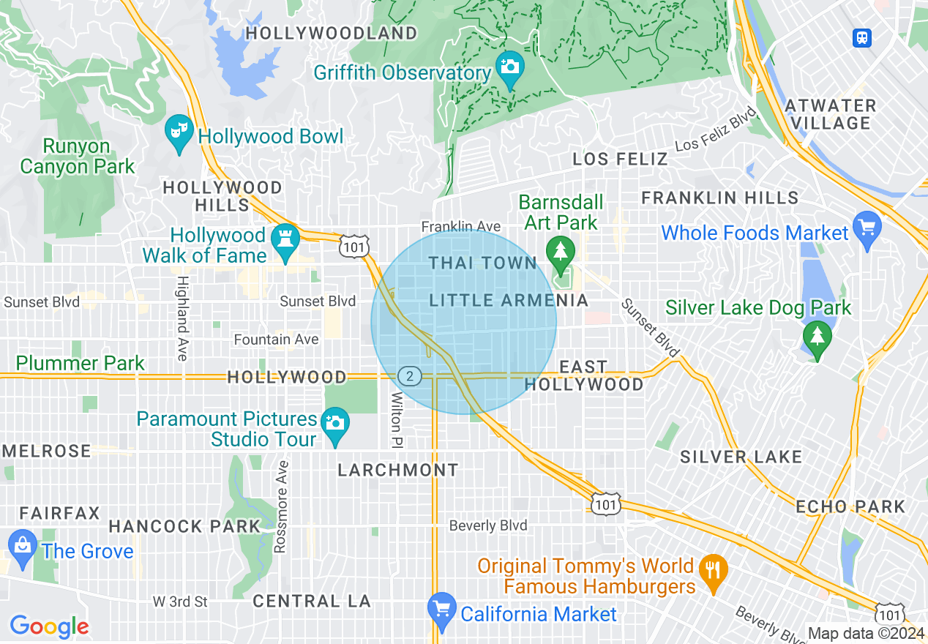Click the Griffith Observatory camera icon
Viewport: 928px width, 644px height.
click(x=509, y=67)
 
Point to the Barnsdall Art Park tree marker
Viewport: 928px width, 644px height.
click(x=561, y=252)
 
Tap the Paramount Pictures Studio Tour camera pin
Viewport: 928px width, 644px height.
click(x=335, y=424)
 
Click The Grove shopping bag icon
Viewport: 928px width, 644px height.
click(x=23, y=546)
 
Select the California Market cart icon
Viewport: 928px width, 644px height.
click(x=441, y=609)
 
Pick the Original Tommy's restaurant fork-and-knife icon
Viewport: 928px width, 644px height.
click(x=711, y=569)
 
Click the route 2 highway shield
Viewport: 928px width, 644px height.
click(x=411, y=376)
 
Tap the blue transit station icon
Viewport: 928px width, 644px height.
click(x=862, y=38)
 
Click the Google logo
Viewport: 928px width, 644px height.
click(x=49, y=626)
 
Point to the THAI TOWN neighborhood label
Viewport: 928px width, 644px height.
click(x=483, y=263)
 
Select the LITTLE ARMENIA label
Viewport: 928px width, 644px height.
click(x=509, y=300)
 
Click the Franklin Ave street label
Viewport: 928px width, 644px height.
click(x=460, y=227)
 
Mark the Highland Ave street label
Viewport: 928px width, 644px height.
click(x=182, y=317)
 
